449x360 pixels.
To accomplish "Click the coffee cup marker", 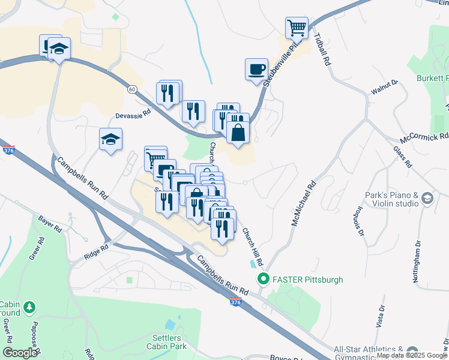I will click(257, 68).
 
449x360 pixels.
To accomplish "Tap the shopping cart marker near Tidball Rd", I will click(297, 27).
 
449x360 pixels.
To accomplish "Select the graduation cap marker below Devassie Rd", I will click(111, 140).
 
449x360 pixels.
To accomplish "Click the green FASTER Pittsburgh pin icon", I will click(262, 279).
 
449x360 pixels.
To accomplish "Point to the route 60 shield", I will click(131, 89).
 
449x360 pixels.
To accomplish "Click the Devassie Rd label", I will click(133, 113).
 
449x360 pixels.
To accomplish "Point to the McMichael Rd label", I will click(303, 205).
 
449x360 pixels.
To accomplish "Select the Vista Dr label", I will click(381, 316).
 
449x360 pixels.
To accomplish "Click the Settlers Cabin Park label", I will click(169, 341).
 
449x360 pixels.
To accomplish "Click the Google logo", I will click(19, 353).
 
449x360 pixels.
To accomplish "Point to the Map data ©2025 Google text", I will click(412, 356).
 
